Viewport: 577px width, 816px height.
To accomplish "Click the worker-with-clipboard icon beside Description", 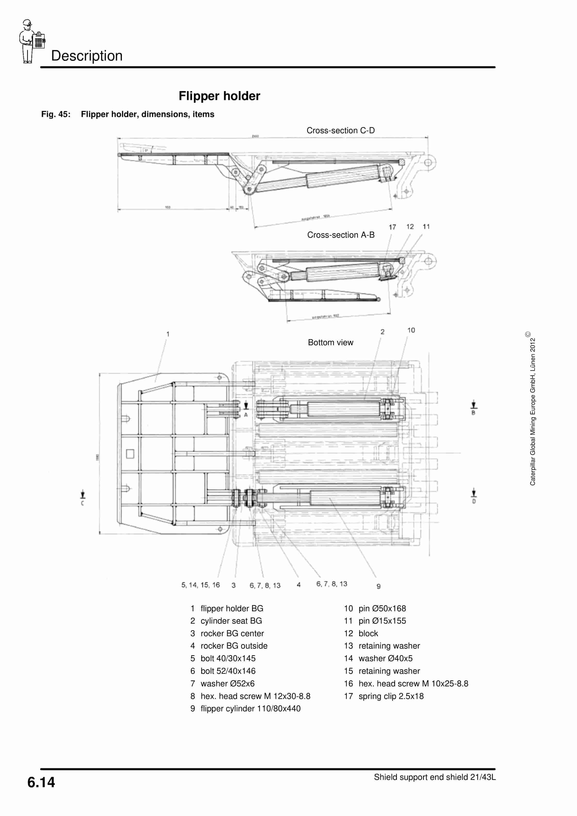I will (x=31, y=42).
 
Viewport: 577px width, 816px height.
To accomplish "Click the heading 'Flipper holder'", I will (x=219, y=96).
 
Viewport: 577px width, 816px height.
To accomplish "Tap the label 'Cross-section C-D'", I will (x=340, y=130).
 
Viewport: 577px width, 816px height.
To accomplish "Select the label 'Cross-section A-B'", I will (x=340, y=235).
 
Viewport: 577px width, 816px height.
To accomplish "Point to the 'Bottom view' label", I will (x=330, y=342).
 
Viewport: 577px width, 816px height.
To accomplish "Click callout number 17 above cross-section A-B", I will (x=392, y=227).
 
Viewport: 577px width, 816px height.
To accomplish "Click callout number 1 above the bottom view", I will (x=168, y=334).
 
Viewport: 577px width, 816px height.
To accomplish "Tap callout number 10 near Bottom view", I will (x=411, y=330).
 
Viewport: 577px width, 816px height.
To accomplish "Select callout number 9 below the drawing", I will (x=378, y=586).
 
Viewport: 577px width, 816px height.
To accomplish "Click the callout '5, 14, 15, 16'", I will (x=200, y=585).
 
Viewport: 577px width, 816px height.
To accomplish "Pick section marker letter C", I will (x=82, y=503).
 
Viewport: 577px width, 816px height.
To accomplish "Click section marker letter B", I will (x=473, y=413).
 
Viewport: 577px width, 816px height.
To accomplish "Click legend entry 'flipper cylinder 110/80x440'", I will (x=250, y=708).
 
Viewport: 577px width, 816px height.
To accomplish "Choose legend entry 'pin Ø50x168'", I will (x=382, y=608).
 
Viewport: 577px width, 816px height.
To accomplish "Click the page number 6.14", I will (x=41, y=782).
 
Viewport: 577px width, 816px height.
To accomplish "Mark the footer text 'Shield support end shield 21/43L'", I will (x=435, y=777).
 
